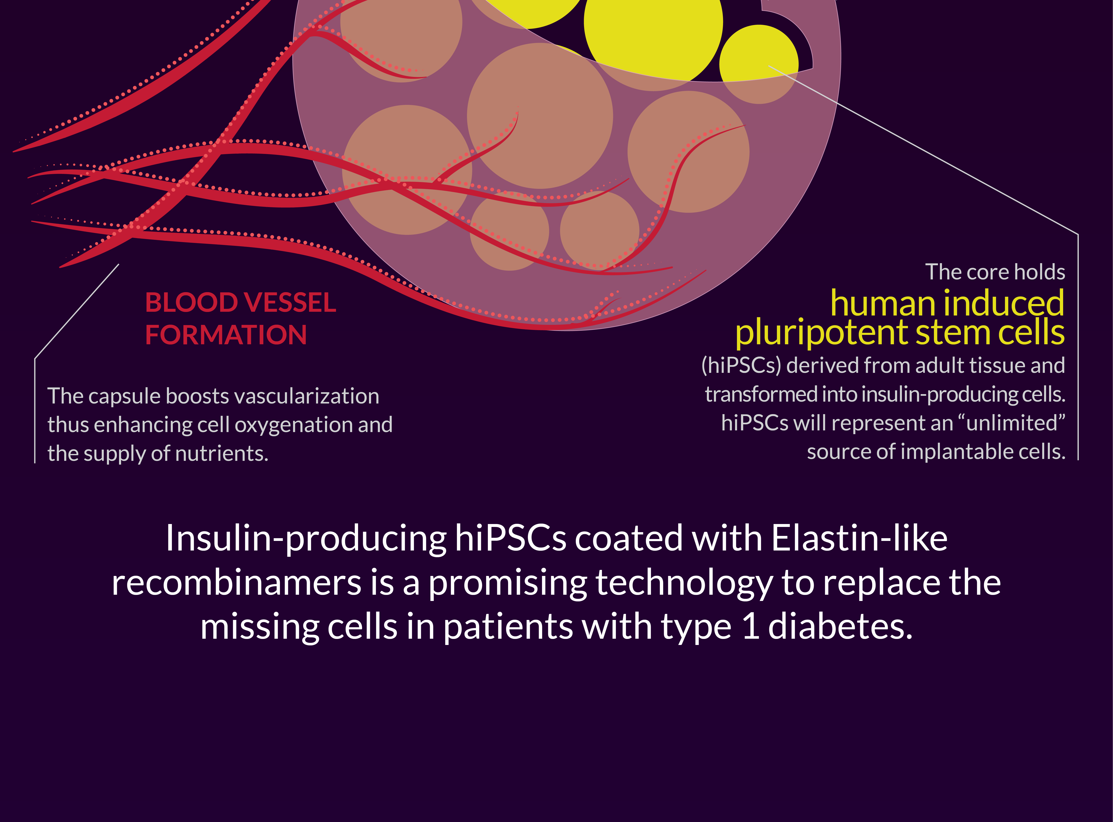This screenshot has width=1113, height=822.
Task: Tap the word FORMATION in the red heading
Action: coord(226,334)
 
